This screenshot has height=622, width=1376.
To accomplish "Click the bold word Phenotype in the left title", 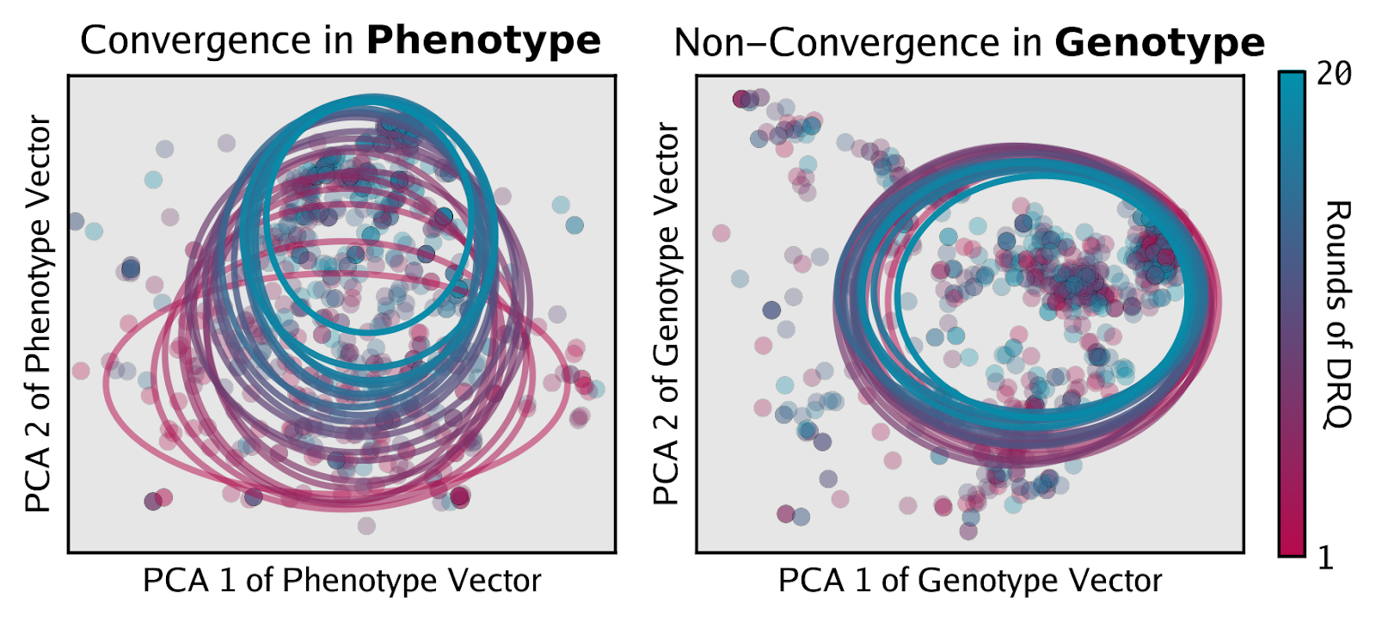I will (x=483, y=40).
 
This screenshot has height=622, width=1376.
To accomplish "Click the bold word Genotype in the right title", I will (x=1159, y=42).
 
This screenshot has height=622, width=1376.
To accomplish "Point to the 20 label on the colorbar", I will (x=1334, y=75).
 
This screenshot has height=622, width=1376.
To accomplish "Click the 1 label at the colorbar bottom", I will (x=1325, y=558).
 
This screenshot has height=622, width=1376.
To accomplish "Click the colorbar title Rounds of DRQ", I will (x=1338, y=314).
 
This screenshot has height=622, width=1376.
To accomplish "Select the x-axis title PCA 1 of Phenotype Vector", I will (x=341, y=581).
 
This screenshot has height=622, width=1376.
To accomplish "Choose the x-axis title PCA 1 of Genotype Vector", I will (x=969, y=581).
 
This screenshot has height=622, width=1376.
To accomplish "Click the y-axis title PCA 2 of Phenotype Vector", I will (x=39, y=314).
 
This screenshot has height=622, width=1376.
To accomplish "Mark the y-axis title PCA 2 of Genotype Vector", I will (x=666, y=314).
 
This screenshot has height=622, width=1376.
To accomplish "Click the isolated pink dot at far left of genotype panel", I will (x=722, y=232).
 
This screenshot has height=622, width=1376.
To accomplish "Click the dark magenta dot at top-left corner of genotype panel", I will (x=740, y=100).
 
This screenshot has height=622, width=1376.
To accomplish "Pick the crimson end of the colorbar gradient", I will (x=1292, y=546).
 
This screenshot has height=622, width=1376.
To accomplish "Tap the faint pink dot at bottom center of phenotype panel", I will (x=366, y=525).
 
